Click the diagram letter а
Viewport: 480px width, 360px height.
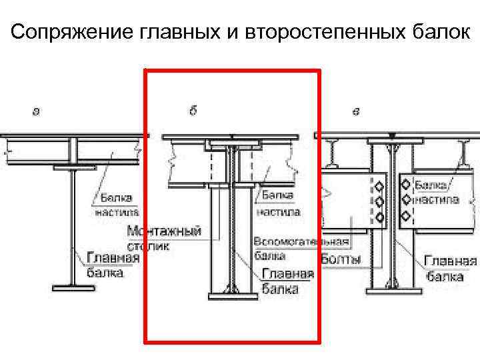[36, 111]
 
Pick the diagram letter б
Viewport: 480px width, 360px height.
[193, 111]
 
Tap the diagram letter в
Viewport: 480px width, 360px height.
[355, 111]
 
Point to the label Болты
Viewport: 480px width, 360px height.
[341, 258]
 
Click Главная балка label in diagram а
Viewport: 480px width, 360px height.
[105, 265]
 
